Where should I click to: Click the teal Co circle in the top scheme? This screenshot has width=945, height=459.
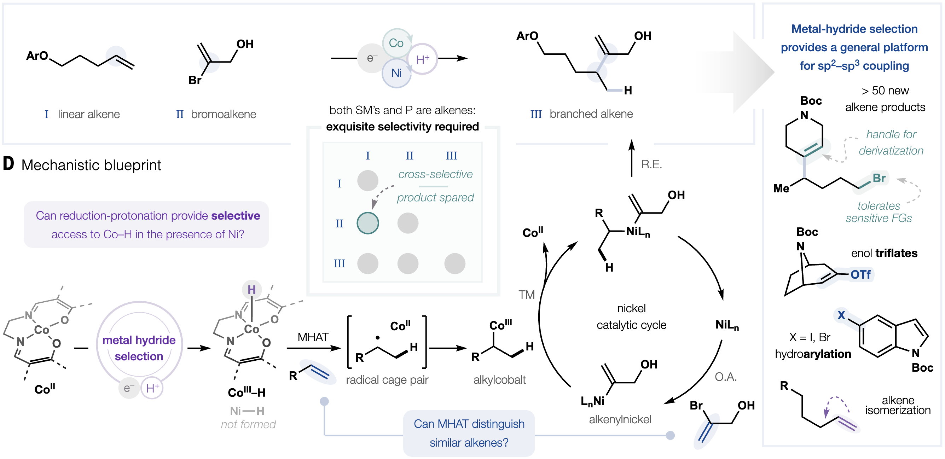tap(396, 43)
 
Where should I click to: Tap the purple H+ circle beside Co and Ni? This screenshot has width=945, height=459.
tap(423, 59)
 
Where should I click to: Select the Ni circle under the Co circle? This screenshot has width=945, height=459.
tap(396, 73)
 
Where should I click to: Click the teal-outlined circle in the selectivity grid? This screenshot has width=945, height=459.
tap(367, 223)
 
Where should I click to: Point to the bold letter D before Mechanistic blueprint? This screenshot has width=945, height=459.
tap(8, 164)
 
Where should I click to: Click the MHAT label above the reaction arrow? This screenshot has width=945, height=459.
tap(313, 337)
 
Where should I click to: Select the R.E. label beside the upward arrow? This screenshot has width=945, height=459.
tap(651, 164)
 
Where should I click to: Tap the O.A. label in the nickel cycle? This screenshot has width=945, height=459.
tap(726, 377)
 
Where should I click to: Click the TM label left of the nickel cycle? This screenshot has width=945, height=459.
tap(526, 295)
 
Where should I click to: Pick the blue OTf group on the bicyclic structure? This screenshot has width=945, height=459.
tap(860, 274)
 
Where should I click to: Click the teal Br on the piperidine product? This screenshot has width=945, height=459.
tap(879, 178)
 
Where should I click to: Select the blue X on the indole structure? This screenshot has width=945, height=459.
tap(841, 315)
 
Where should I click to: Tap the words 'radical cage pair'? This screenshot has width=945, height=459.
tap(387, 380)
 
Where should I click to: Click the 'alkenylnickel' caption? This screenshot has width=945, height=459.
tap(620, 419)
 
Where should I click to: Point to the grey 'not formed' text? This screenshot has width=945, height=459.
tap(248, 424)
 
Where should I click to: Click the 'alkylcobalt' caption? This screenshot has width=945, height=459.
tap(499, 380)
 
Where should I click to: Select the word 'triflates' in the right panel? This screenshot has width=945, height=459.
tap(896, 253)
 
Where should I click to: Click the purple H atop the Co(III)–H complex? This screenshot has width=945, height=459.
tap(251, 290)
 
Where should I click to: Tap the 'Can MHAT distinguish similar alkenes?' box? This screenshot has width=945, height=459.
tap(469, 433)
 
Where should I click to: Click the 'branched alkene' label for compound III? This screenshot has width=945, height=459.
tap(591, 114)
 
